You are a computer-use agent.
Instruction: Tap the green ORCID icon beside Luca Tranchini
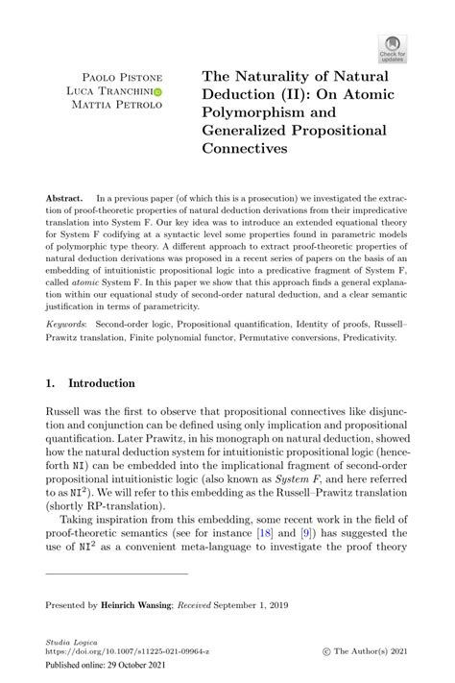click(157, 92)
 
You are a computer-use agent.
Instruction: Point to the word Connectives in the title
click(247, 149)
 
